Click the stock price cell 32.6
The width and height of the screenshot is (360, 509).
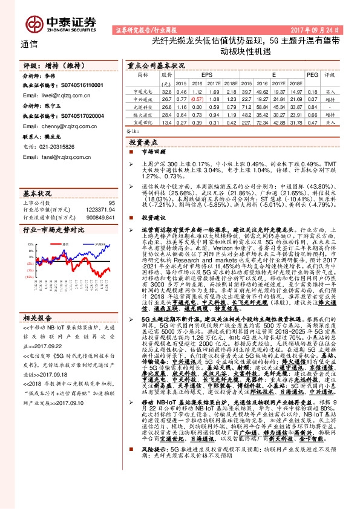coord(166,90)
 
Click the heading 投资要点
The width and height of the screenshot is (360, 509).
coord(144,140)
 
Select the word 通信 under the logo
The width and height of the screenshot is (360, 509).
coord(29,44)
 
